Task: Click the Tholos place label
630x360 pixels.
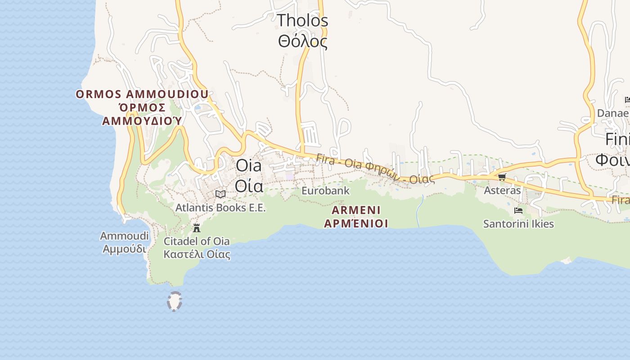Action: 302,20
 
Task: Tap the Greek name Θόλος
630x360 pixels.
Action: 302,41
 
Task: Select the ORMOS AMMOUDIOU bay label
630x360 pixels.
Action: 142,94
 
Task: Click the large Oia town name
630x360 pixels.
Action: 248,165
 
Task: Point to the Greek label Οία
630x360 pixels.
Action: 249,185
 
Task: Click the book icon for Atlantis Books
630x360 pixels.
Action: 220,194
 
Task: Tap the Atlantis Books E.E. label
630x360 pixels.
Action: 220,208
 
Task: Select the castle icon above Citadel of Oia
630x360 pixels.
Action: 197,228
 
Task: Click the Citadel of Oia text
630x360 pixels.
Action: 197,241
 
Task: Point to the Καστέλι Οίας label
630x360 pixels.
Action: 197,254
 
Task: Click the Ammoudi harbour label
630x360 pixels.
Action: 124,236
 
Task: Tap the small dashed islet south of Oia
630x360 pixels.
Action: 174,301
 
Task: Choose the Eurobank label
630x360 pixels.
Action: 325,191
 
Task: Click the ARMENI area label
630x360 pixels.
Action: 356,210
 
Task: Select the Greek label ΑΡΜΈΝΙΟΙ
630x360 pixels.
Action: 356,223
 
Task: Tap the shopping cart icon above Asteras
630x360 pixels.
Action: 502,177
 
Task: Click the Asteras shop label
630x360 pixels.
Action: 502,190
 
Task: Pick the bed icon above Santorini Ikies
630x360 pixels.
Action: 518,210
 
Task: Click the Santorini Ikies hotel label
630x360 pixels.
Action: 518,224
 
